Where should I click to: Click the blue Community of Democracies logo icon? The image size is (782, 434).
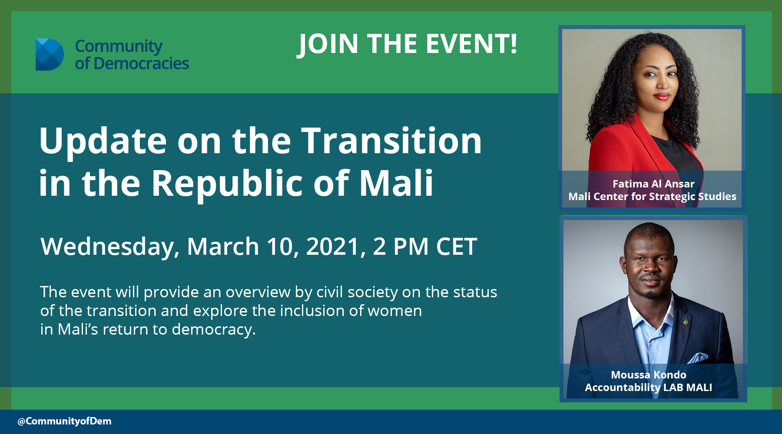tap(50, 54)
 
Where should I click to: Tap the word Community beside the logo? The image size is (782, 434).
tap(119, 46)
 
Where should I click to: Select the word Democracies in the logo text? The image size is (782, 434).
tap(141, 63)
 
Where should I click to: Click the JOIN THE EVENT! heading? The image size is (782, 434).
tap(408, 44)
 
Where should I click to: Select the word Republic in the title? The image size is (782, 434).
tap(227, 184)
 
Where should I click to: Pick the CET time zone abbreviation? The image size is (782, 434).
tap(457, 247)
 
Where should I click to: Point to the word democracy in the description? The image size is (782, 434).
tap(214, 329)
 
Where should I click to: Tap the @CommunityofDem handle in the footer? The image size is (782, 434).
tap(64, 421)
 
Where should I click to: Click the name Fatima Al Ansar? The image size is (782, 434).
tap(653, 184)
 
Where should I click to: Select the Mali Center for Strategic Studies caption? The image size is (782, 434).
tap(652, 197)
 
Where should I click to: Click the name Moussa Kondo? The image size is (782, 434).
tap(649, 375)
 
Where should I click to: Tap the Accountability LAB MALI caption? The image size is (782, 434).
tap(648, 387)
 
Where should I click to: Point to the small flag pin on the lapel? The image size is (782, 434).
tap(686, 323)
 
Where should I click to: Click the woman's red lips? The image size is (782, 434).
tap(662, 96)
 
